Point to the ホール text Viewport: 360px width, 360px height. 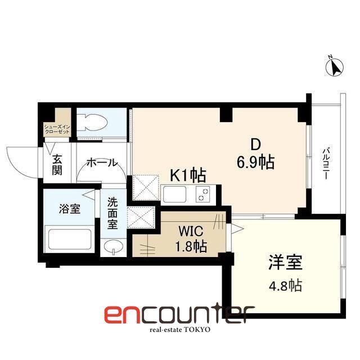pyautogui.click(x=102, y=163)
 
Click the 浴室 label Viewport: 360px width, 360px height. pyautogui.click(x=70, y=209)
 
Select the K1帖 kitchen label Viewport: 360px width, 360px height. pyautogui.click(x=188, y=176)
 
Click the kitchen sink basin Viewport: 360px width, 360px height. pyautogui.click(x=177, y=195)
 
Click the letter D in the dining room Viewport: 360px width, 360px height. pyautogui.click(x=254, y=143)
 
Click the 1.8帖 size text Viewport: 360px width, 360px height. pyautogui.click(x=191, y=246)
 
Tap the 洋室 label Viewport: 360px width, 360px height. pyautogui.click(x=285, y=264)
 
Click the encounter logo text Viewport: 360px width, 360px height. pyautogui.click(x=179, y=313)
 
